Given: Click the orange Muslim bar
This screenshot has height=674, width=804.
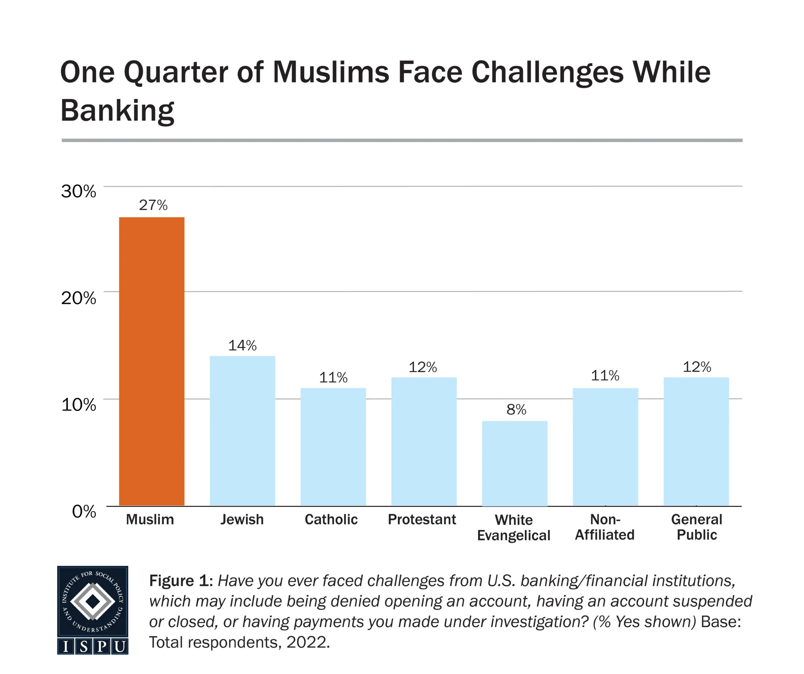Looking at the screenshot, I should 152,361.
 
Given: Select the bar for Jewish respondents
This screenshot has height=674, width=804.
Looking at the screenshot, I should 242,431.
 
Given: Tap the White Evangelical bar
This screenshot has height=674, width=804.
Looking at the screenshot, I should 514,463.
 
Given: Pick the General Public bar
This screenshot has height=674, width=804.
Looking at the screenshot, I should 696,441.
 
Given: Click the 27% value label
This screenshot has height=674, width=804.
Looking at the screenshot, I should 153,205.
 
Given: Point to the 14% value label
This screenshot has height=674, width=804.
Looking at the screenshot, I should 242,345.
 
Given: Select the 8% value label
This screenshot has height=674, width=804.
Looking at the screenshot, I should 516,410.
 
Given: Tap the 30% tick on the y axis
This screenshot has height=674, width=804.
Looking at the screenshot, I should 79,192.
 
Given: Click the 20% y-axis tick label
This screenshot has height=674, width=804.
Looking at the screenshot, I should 79,298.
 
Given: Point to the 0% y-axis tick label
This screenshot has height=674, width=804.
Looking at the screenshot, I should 84,511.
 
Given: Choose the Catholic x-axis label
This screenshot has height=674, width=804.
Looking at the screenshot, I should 331,519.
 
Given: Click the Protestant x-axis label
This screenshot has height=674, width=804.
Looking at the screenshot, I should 422,519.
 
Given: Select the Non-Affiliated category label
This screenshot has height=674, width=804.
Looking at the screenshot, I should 605,527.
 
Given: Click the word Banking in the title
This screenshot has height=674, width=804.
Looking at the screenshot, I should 117,111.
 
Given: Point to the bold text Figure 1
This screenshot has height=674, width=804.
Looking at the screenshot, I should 181,581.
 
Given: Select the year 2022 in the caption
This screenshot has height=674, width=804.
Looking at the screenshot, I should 307,642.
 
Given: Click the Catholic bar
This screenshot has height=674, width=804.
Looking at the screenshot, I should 333,447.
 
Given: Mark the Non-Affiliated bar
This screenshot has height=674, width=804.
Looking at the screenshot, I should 605,447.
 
